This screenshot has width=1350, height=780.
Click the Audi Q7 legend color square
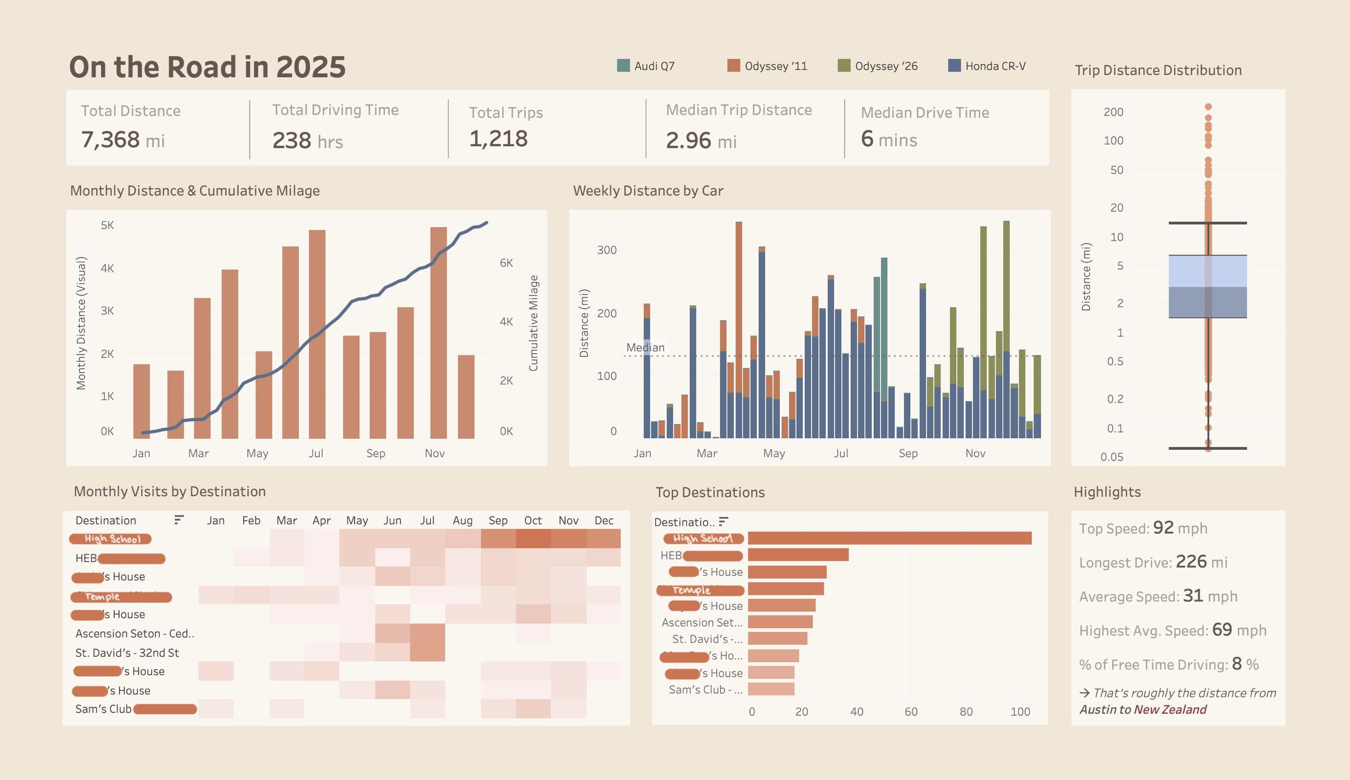pos(623,65)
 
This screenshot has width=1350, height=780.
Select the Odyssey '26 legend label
pos(886,66)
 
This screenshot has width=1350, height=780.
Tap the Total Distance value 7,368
pos(110,139)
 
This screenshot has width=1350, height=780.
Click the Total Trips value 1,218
pos(498,139)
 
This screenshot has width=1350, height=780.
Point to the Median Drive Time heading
pos(924,113)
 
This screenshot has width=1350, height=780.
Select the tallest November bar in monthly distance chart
pos(438,332)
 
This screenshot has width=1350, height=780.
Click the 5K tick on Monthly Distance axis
pos(107,225)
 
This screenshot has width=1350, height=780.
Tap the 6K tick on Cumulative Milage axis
pos(506,262)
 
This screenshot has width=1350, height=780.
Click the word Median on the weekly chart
pos(645,347)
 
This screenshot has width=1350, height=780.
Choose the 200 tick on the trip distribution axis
pos(1113,112)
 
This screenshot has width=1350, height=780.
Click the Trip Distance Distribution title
pos(1158,70)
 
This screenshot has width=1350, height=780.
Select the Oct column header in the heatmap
pos(533,520)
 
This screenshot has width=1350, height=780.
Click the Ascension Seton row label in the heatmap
pos(135,633)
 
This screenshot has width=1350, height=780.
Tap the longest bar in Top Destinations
pos(889,538)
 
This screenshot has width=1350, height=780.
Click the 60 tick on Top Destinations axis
pos(911,712)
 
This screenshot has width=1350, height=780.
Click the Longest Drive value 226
pos(1191,561)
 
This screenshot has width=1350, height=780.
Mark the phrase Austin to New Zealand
pos(1143,709)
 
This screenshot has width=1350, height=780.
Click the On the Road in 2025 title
pos(207,67)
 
